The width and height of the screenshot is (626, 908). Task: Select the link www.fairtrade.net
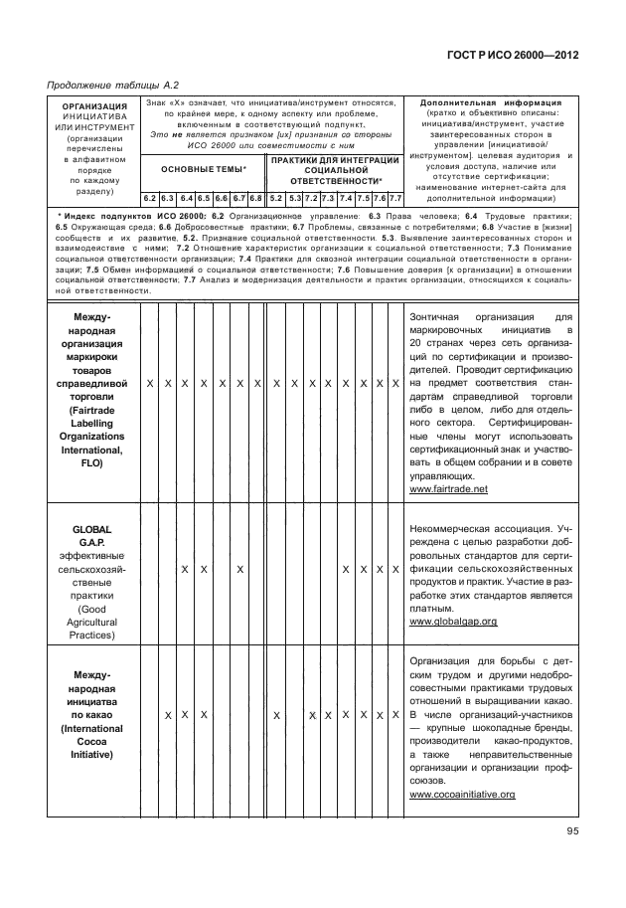tap(448, 489)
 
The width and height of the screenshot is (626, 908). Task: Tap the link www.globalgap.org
tap(452, 621)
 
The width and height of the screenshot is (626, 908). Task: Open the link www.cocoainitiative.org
tap(461, 795)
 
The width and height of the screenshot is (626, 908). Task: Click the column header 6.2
tap(150, 198)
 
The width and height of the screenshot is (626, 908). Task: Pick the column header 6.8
tap(255, 198)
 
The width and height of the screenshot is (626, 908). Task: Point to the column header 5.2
tap(277, 198)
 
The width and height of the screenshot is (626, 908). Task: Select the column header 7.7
tap(395, 198)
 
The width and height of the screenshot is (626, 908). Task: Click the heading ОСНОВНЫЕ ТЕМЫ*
tap(203, 170)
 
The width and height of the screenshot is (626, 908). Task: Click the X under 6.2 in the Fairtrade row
tap(150, 383)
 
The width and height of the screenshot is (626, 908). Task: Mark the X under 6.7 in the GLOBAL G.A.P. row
tap(239, 569)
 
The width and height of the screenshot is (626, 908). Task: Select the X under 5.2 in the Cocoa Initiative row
tap(277, 716)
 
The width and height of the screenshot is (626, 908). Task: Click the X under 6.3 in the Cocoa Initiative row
tap(168, 716)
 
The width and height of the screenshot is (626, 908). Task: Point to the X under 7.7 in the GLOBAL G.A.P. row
tap(395, 569)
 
